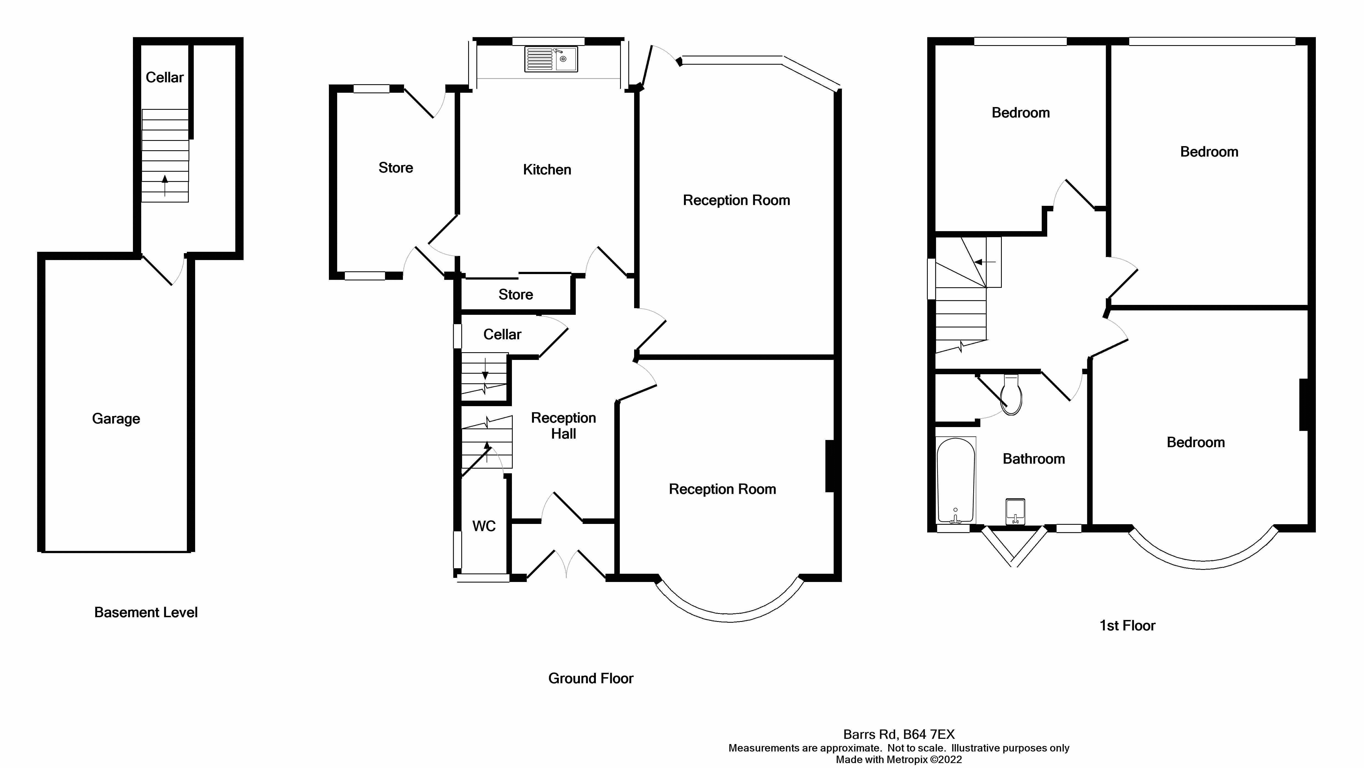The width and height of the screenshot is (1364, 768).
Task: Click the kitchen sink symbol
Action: click(551, 59)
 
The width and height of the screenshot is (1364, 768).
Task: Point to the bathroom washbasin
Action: click(1014, 511)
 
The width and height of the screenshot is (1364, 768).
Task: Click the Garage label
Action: click(116, 419)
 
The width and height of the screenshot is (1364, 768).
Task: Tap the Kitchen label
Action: click(547, 170)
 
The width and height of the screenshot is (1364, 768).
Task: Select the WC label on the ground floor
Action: click(484, 526)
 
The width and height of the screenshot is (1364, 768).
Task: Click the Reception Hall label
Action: click(563, 425)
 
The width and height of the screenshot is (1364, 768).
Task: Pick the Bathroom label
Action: click(1033, 459)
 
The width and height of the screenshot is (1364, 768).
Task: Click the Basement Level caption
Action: click(146, 612)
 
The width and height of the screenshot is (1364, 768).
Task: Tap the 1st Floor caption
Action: click(1127, 626)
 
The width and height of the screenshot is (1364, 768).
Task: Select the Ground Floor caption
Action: click(590, 679)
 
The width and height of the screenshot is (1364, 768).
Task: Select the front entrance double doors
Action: click(567, 564)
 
